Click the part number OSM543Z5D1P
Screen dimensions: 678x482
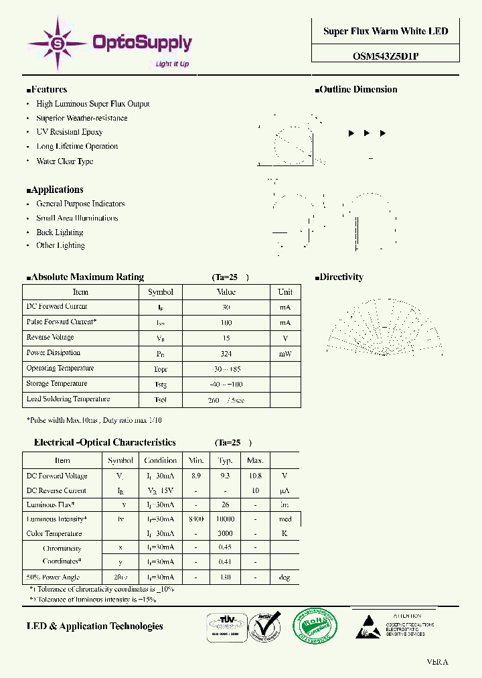pyautogui.click(x=386, y=56)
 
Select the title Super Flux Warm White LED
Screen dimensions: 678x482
pyautogui.click(x=386, y=31)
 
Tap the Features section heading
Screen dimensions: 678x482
pyautogui.click(x=47, y=90)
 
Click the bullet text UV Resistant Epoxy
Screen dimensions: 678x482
pyautogui.click(x=70, y=132)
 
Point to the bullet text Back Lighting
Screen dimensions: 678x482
pyautogui.click(x=60, y=232)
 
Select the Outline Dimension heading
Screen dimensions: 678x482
pyautogui.click(x=356, y=90)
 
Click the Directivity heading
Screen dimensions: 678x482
pyautogui.click(x=339, y=277)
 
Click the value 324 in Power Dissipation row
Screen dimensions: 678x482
pyautogui.click(x=226, y=353)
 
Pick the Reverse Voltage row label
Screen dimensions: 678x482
pyautogui.click(x=50, y=338)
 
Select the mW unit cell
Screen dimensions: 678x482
pyautogui.click(x=285, y=353)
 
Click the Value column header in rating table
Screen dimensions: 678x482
pyautogui.click(x=226, y=292)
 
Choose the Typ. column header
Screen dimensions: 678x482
pyautogui.click(x=225, y=461)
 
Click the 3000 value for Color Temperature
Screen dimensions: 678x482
pyautogui.click(x=225, y=534)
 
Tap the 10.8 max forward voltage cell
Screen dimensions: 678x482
pyautogui.click(x=255, y=476)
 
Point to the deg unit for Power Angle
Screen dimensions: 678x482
pyautogui.click(x=285, y=578)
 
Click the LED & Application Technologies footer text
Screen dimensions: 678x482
pyautogui.click(x=94, y=626)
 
